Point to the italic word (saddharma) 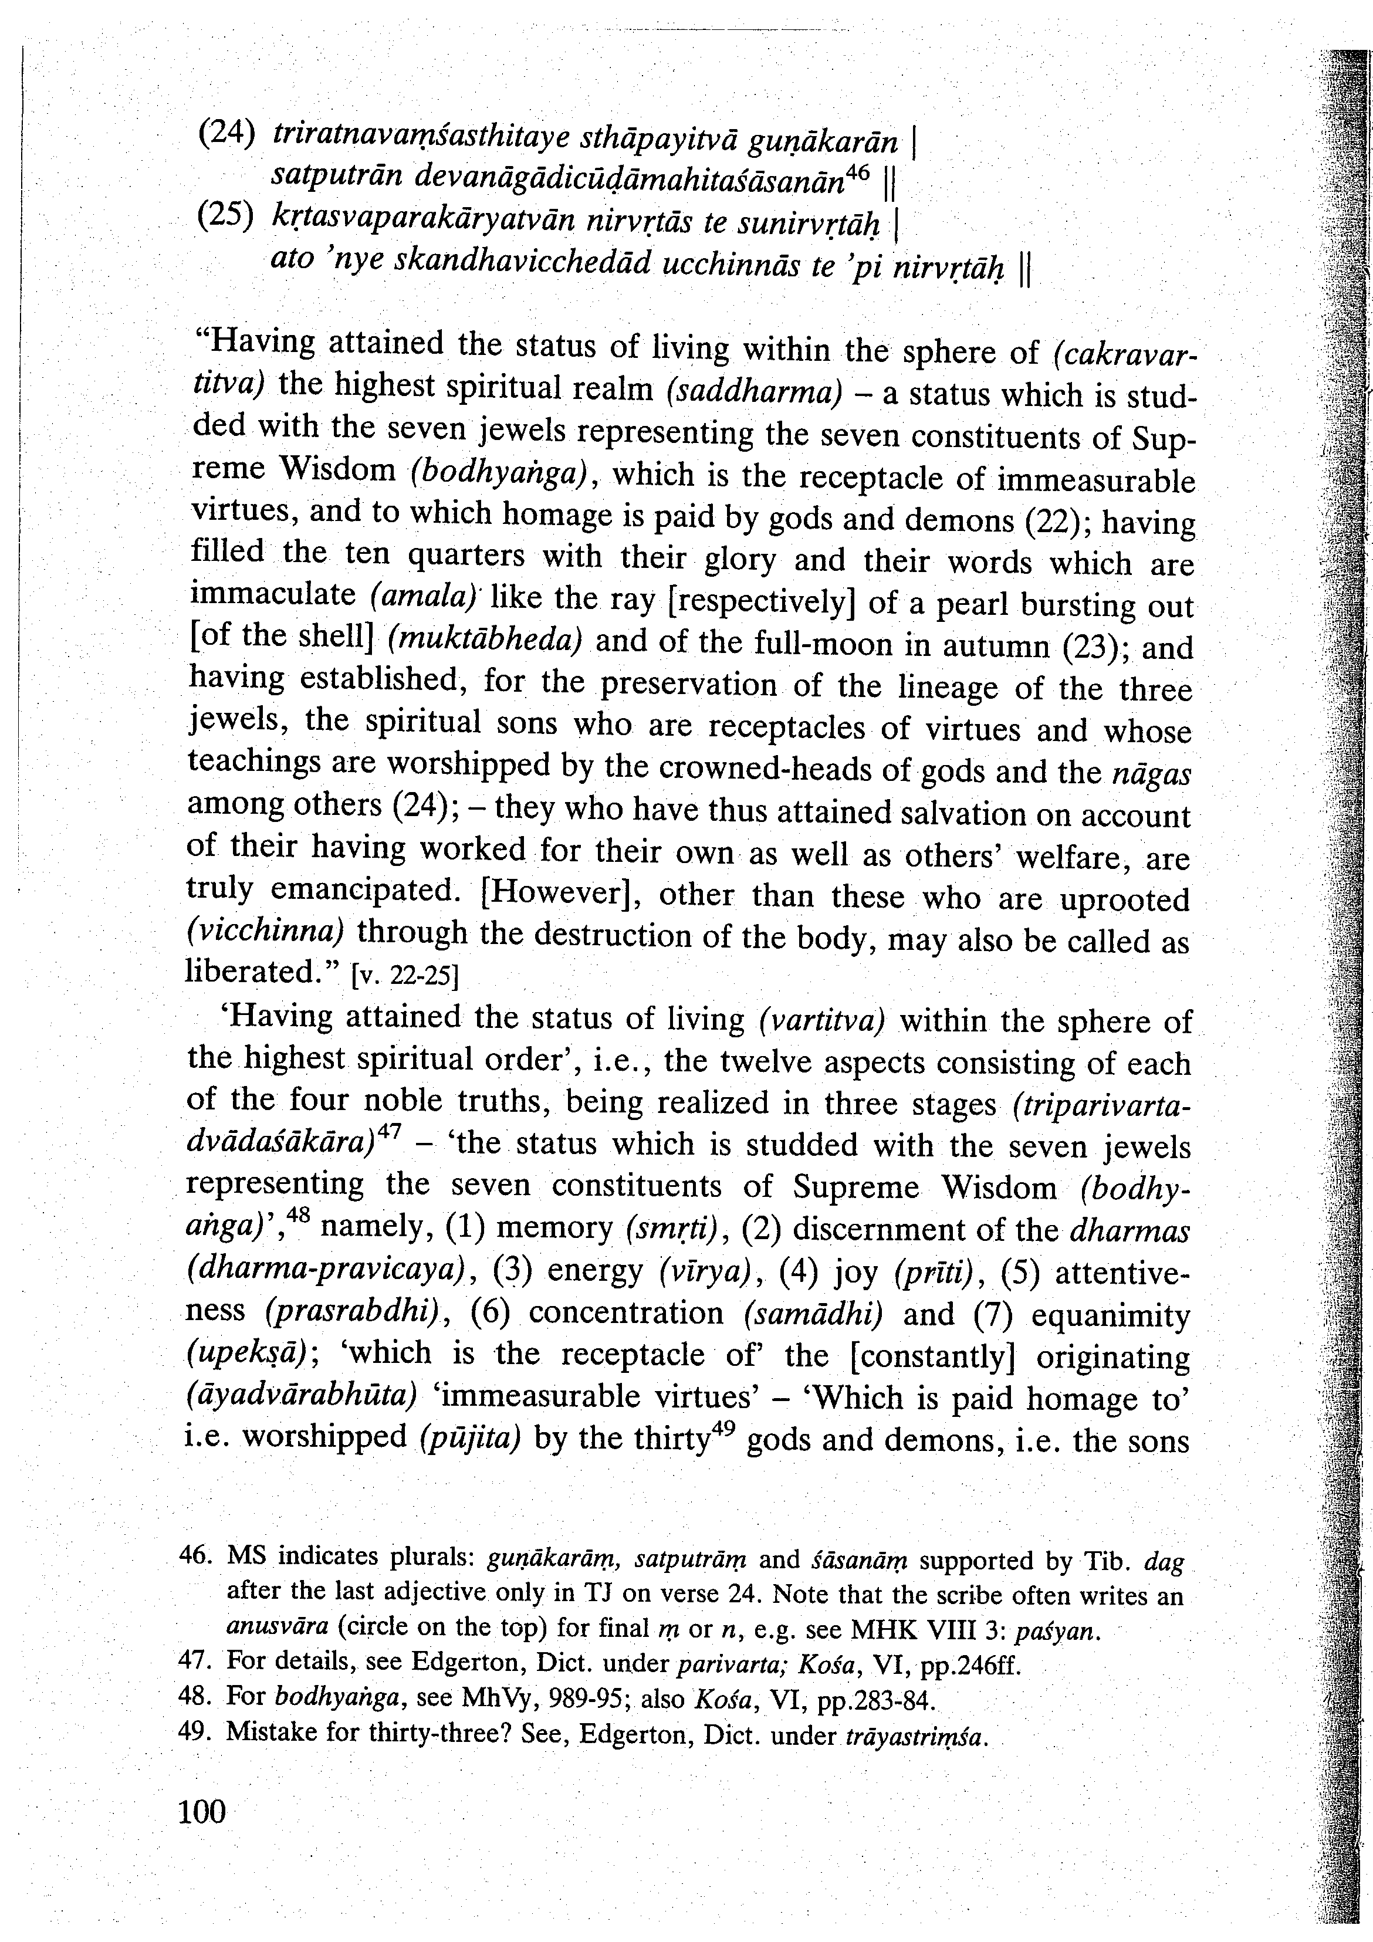click(x=755, y=391)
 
